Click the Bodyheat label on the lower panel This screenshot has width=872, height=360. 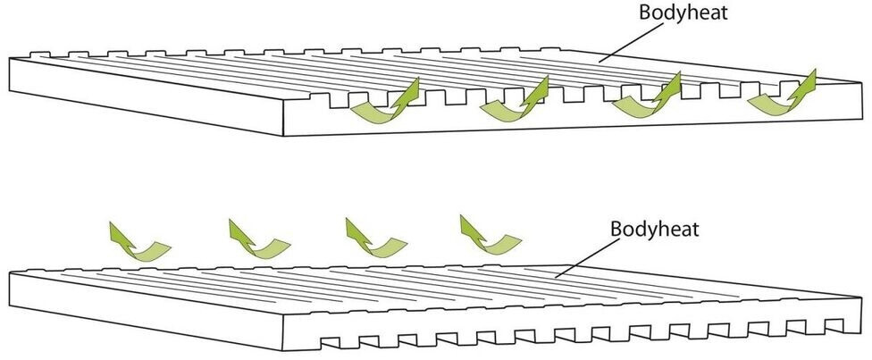point(654,227)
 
